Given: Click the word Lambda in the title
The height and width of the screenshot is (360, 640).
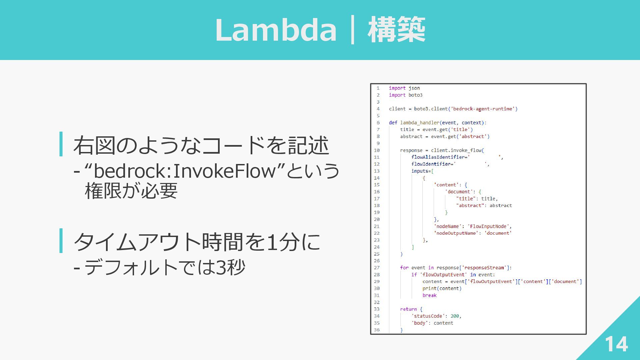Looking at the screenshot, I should tap(276, 30).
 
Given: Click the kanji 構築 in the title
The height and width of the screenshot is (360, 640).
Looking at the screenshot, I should tap(396, 30).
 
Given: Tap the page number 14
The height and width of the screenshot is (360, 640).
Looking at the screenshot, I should tap(616, 344).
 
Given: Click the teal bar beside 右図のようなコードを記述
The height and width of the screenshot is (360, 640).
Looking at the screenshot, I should tap(61, 144).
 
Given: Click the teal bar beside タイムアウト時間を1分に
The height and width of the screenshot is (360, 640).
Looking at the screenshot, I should tap(61, 241).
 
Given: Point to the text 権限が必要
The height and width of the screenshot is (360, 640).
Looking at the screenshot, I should tap(131, 191).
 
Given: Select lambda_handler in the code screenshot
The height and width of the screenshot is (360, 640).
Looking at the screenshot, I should tap(420, 123).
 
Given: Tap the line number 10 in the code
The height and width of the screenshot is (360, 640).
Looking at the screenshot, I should tap(377, 150).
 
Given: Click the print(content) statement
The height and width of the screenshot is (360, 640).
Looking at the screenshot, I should tap(442, 288).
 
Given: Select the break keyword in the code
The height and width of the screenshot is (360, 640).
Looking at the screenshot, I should tap(429, 295).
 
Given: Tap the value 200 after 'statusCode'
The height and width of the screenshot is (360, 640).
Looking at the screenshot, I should tap(455, 316).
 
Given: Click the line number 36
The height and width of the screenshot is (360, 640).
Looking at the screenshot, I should tap(377, 330).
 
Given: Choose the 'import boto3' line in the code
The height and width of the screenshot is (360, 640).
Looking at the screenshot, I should tap(406, 95).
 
